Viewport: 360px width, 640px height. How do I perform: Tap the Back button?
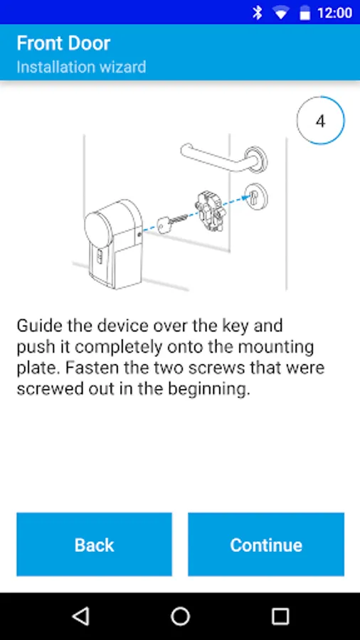95,544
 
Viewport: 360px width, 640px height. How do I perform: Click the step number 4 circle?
320,121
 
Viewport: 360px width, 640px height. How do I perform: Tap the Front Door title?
63,43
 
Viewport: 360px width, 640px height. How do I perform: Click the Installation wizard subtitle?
81,67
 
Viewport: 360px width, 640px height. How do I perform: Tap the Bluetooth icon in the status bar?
257,13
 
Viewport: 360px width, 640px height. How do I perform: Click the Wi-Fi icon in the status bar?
281,14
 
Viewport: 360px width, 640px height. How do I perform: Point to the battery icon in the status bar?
305,14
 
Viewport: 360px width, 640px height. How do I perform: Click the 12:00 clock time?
334,13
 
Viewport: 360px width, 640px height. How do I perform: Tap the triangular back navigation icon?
80,616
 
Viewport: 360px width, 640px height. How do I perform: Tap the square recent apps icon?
280,616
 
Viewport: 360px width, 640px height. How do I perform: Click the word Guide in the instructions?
39,326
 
